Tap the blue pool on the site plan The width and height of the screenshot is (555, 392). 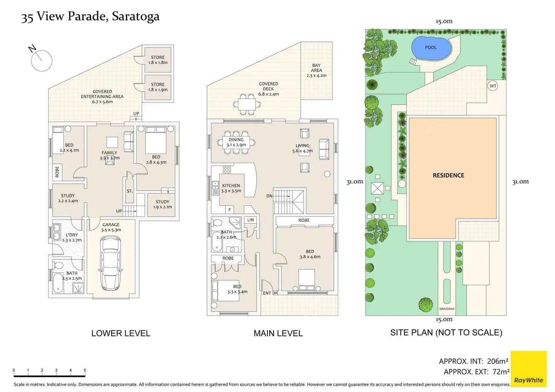click(431, 48)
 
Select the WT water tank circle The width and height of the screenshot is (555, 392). click(493, 86)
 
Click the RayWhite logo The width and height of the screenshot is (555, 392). click(529, 380)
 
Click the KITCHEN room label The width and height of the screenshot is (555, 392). click(231, 186)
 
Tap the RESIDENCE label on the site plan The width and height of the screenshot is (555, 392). click(448, 175)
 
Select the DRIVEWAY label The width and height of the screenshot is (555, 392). click(447, 309)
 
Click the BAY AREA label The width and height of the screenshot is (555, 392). click(316, 68)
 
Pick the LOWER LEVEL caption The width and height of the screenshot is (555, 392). click(121, 333)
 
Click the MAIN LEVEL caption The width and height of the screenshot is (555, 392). click(278, 333)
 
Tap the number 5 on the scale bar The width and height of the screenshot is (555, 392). click(85, 371)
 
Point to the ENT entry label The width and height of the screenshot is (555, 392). click(267, 293)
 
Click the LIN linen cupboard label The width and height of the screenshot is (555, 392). click(250, 220)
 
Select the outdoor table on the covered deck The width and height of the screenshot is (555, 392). click(247, 103)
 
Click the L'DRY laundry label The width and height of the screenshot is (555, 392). click(72, 235)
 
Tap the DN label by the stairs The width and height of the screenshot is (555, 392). click(269, 196)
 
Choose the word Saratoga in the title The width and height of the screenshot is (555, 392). click(136, 17)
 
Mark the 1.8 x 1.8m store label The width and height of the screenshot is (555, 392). click(158, 60)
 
